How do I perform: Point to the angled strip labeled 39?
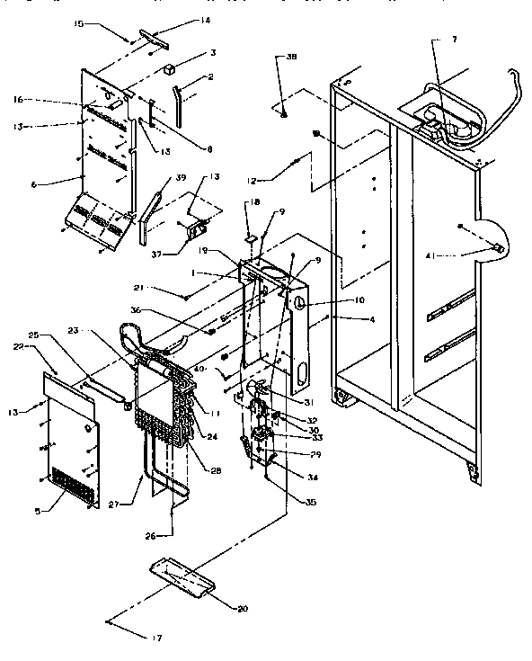(148, 212)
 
